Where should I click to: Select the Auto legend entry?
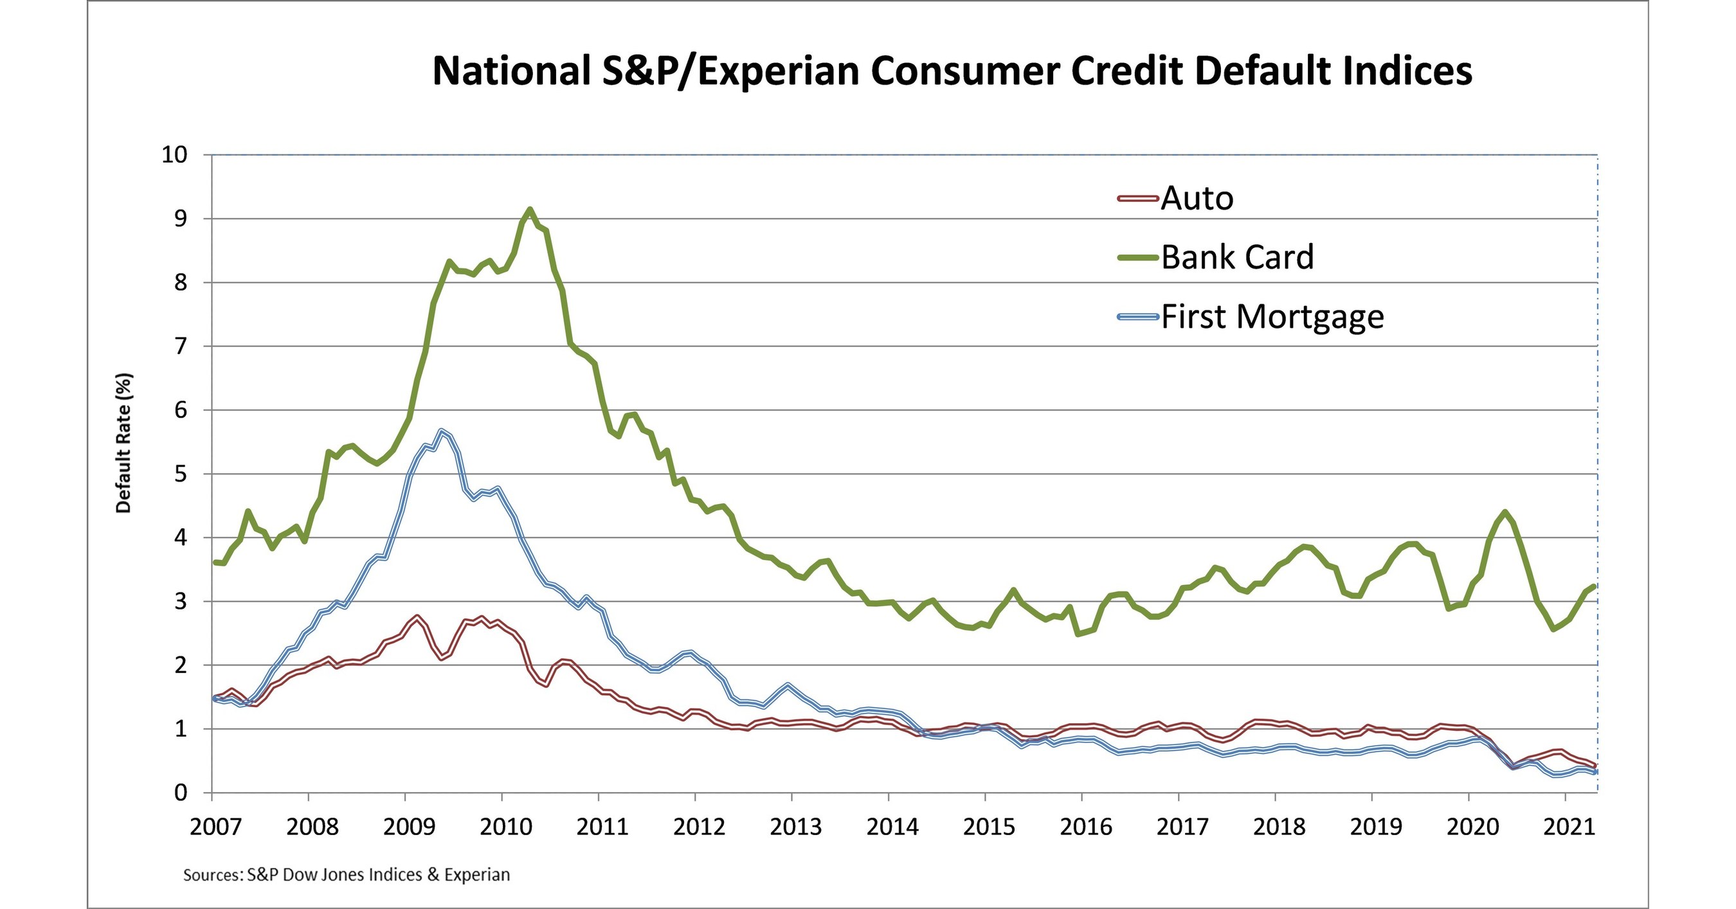(x=1197, y=198)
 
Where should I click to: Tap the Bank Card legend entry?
(x=1237, y=256)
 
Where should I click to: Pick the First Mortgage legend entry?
(x=1272, y=316)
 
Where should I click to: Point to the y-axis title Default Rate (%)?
(x=123, y=443)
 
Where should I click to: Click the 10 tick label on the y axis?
(x=174, y=155)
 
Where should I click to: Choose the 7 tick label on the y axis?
(x=180, y=346)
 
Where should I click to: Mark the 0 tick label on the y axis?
(x=180, y=793)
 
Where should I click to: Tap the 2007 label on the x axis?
(x=215, y=827)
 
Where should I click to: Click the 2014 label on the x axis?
(x=892, y=827)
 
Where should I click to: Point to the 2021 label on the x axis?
(x=1569, y=827)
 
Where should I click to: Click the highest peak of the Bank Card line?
(x=530, y=210)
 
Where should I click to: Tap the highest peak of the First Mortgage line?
(x=442, y=431)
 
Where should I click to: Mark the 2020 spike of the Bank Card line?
(x=1505, y=512)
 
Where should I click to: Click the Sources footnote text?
(x=347, y=875)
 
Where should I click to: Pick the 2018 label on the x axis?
(x=1279, y=827)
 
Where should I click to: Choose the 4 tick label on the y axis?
(x=180, y=537)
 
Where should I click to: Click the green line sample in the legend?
(x=1137, y=257)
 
